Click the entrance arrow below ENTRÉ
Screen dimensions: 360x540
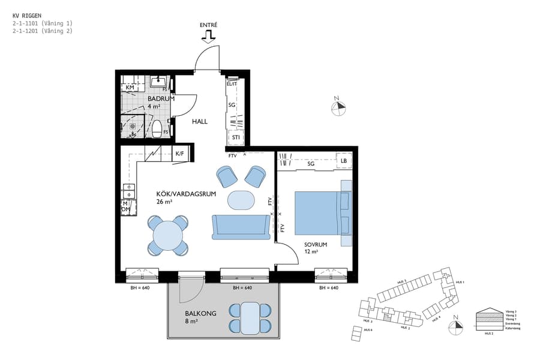(x=208, y=37)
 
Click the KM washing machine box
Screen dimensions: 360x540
(x=130, y=88)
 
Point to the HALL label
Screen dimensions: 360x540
(x=199, y=121)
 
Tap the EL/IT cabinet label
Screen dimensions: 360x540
(x=232, y=84)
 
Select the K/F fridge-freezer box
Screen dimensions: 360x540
(x=179, y=154)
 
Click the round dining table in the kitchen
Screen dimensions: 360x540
(x=169, y=236)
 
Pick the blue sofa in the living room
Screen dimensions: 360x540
(x=241, y=226)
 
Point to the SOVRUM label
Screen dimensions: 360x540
(x=315, y=245)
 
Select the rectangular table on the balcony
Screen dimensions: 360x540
(x=249, y=318)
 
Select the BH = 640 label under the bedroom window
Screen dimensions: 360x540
(x=329, y=288)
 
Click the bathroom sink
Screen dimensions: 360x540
(x=159, y=82)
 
